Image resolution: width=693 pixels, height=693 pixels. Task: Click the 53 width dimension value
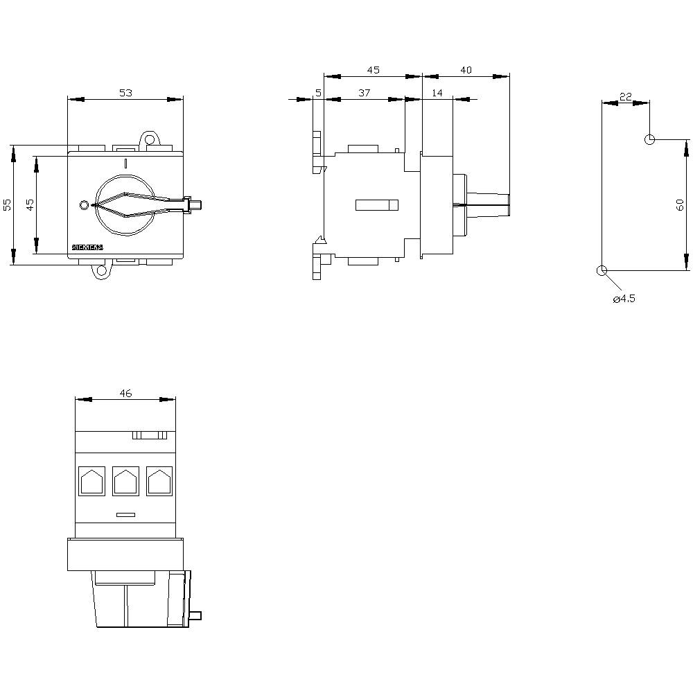click(125, 92)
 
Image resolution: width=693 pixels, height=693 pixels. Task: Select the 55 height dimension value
click(7, 204)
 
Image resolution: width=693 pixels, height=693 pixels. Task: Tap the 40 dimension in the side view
click(466, 70)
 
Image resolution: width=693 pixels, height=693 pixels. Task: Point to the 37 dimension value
click(365, 92)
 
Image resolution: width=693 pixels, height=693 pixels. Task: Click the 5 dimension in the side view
click(318, 92)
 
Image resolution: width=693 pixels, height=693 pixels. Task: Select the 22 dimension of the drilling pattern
click(625, 97)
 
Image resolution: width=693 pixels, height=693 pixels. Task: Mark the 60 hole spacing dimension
click(680, 204)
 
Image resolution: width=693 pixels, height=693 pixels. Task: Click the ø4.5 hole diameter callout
click(624, 299)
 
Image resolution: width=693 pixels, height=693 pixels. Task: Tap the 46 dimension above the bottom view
click(125, 393)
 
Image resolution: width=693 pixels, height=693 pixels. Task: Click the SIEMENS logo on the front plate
click(87, 247)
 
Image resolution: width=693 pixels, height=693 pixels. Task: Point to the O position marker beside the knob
click(85, 205)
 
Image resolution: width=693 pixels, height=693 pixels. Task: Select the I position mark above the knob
click(125, 164)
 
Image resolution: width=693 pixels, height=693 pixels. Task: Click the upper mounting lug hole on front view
click(149, 141)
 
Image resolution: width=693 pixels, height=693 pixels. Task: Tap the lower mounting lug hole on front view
click(101, 270)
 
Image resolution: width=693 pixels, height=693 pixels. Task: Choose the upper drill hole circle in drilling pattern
click(649, 139)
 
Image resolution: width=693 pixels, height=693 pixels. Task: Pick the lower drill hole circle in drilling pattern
click(602, 270)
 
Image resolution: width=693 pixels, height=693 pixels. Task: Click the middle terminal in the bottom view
click(125, 481)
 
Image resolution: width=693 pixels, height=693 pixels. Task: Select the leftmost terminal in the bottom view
click(91, 481)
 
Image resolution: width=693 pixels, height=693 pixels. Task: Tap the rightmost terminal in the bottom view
click(159, 481)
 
